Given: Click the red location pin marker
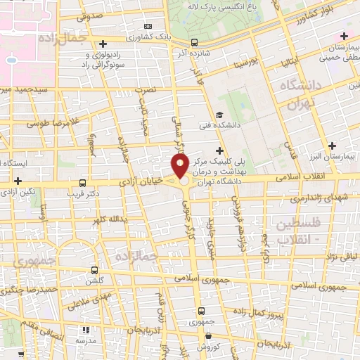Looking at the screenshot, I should pyautogui.click(x=180, y=166).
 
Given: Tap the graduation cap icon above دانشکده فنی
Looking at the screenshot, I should pyautogui.click(x=219, y=115).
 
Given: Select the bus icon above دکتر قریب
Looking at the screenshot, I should pyautogui.click(x=84, y=182).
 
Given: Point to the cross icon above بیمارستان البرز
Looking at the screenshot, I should pyautogui.click(x=333, y=145).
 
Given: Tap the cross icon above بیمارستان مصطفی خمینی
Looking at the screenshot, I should pyautogui.click(x=344, y=36).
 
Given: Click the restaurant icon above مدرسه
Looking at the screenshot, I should pyautogui.click(x=86, y=329).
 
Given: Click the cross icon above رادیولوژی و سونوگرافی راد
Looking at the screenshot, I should pyautogui.click(x=103, y=44).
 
